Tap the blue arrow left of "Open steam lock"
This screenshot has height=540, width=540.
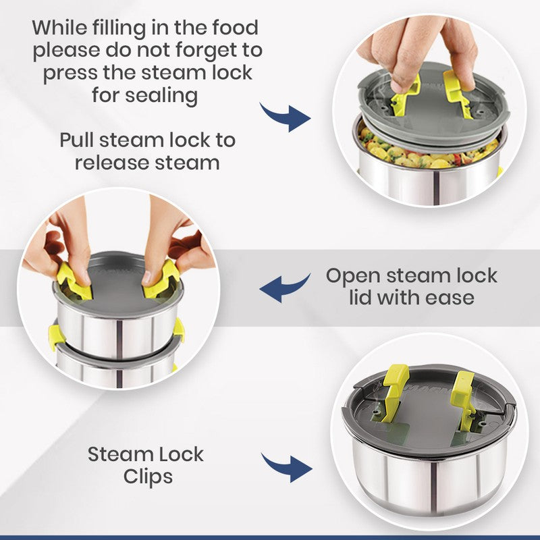pos(284,287)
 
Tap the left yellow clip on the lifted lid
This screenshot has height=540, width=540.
pos(406,96)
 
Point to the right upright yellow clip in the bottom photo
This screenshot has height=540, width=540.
pos(464,400)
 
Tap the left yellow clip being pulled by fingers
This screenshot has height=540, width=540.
pos(74,281)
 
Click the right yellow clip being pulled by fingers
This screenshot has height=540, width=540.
pos(162,279)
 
